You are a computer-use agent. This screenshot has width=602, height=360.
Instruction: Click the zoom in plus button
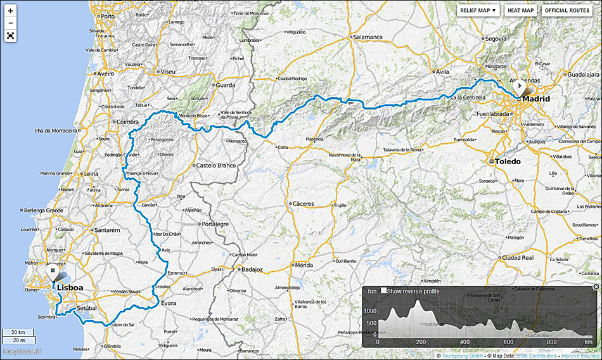click(x=10, y=11)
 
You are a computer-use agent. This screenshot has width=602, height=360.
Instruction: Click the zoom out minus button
click(x=10, y=23)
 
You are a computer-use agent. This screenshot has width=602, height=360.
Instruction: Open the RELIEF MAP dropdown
click(x=478, y=10)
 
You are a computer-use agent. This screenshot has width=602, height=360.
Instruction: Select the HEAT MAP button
click(x=520, y=10)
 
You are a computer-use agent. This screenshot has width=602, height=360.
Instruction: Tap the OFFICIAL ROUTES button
click(x=567, y=10)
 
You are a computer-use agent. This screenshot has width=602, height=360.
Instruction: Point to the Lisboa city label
click(x=70, y=288)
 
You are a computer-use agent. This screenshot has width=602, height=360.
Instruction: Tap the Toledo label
click(x=508, y=162)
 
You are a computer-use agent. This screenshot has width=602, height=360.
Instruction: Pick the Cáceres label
click(x=304, y=204)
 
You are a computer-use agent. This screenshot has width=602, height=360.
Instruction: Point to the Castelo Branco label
click(x=216, y=165)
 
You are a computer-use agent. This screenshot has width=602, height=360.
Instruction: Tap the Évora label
click(x=168, y=304)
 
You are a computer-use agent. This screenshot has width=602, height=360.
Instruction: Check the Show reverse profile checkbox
click(x=384, y=290)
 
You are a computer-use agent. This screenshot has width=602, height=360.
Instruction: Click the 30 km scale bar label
click(x=18, y=332)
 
